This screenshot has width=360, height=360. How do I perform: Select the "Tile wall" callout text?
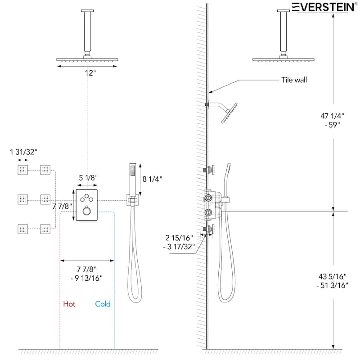294,80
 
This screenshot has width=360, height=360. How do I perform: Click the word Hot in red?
69,304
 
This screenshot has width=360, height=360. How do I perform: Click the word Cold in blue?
103,304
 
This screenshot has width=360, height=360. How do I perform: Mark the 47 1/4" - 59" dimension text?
333,120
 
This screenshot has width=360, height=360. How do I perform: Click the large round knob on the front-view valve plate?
85,211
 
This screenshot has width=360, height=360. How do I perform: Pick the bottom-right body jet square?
45,229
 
